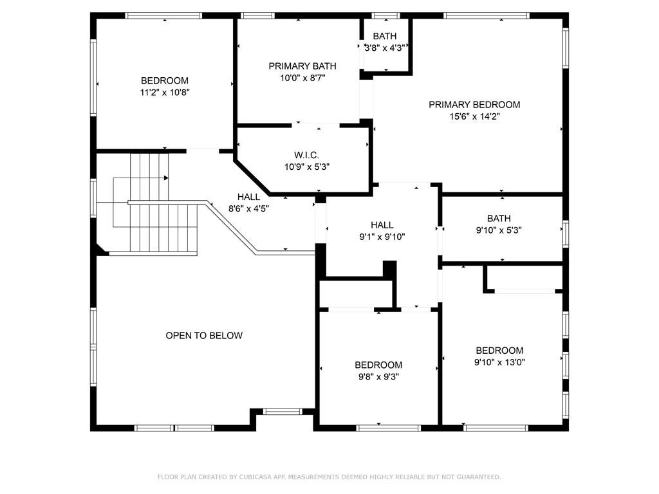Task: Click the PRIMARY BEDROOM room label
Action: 474,105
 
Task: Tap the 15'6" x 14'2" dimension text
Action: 474,116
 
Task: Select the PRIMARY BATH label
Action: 302,66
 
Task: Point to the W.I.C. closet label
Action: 306,155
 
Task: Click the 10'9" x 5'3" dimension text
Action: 307,167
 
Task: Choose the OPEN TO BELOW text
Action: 204,335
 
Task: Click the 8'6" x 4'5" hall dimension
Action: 248,208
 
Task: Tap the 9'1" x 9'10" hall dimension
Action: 382,237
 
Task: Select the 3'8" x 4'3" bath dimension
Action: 385,48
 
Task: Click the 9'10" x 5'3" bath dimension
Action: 499,230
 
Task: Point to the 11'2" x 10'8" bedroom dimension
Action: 165,93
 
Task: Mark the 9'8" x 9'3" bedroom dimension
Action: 378,377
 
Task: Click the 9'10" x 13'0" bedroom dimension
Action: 499,362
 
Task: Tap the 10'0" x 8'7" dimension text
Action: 302,78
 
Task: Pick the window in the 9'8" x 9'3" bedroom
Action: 388,428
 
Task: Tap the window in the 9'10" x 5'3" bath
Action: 566,233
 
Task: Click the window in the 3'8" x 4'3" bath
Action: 386,16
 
